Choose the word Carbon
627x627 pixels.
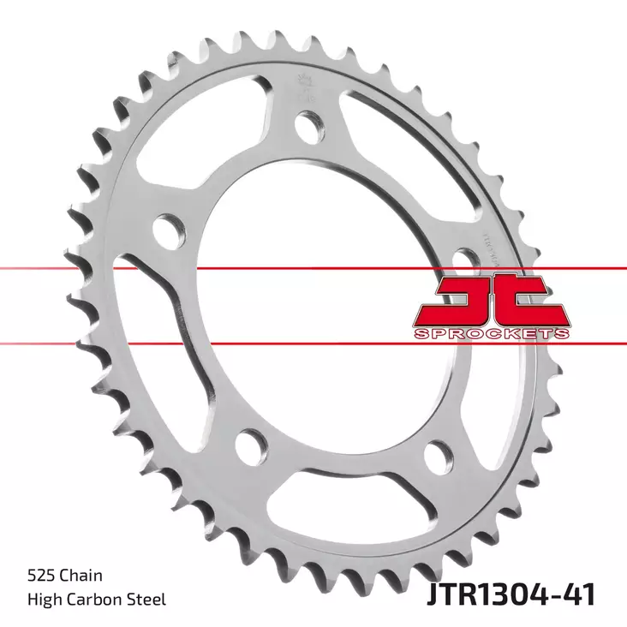tap(101, 600)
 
